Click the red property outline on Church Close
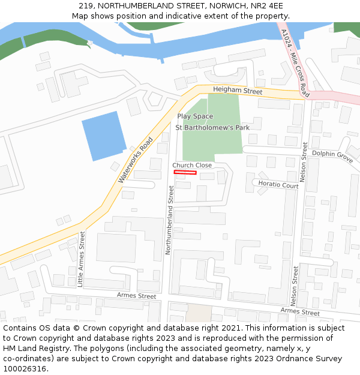(x=185, y=173)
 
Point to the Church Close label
(x=192, y=165)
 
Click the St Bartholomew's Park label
(x=212, y=127)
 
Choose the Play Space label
(x=195, y=116)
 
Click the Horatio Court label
(x=278, y=185)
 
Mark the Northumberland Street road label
(x=170, y=220)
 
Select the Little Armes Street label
(x=81, y=259)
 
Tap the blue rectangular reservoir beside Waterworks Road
(x=103, y=136)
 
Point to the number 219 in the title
(x=86, y=5)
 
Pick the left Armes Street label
(x=136, y=296)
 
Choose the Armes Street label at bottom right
(x=300, y=312)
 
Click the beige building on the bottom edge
(x=199, y=313)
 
